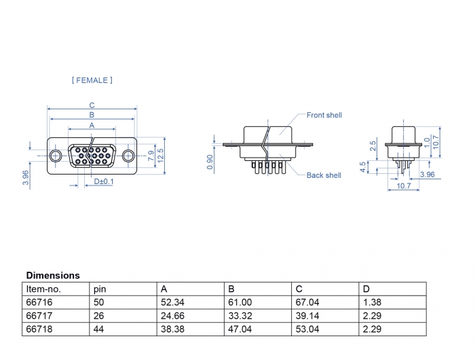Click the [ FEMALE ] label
coord(92,80)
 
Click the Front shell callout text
coord(324,115)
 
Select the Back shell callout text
coord(324,175)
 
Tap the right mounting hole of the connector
coord(128,156)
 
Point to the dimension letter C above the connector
coord(92,105)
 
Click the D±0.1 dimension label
coord(104,182)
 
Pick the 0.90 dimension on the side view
coord(210,162)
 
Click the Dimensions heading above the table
coord(53,276)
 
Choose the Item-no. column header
coord(43,289)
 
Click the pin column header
coord(100,289)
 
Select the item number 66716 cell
coord(38,302)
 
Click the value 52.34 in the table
coord(172,302)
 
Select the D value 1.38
coord(372,302)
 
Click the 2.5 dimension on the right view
coord(373,146)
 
